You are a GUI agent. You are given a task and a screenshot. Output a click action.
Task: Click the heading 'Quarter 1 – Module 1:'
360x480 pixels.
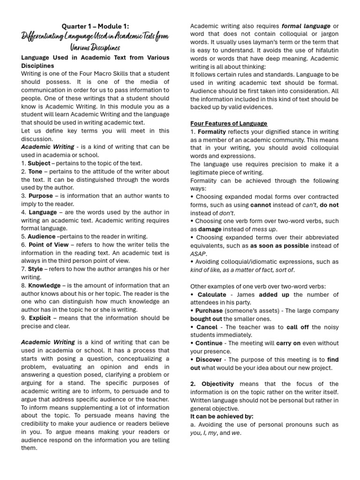[95, 26]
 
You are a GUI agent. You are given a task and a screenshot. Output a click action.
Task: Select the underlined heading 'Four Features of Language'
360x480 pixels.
[229, 123]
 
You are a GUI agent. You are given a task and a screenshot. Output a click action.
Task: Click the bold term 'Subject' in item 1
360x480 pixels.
[39, 163]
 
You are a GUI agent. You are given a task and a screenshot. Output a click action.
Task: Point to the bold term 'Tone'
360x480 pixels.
[35, 172]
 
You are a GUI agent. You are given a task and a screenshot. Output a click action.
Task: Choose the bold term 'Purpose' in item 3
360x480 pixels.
[41, 196]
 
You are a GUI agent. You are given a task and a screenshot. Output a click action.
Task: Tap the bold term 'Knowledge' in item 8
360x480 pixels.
[45, 285]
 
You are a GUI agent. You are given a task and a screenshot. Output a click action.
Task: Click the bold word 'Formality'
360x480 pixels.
[212, 132]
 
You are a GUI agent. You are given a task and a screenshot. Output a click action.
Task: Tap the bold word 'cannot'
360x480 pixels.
[261, 205]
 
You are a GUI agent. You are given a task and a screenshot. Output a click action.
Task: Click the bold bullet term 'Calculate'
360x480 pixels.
[212, 294]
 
